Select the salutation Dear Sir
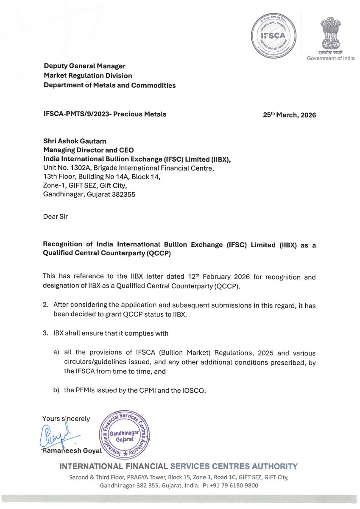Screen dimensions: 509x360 55,216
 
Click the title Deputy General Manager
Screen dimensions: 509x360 85,66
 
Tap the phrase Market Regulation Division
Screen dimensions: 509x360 88,76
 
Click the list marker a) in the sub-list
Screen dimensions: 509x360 56,352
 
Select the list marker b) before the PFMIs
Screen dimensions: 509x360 56,390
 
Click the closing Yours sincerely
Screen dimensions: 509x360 66,419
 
